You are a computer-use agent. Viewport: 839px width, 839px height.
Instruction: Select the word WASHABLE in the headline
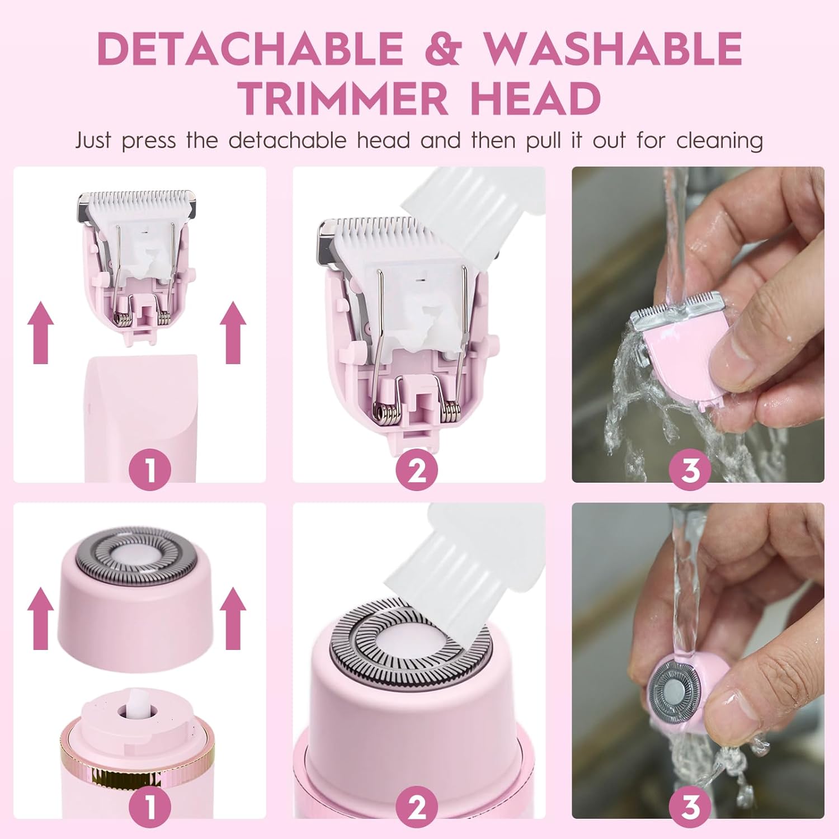(x=612, y=48)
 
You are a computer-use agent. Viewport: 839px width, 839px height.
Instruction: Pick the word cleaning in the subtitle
(x=719, y=140)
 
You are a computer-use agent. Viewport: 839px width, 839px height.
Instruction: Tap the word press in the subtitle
(x=149, y=140)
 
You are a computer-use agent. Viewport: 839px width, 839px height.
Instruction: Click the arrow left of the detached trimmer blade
(x=40, y=332)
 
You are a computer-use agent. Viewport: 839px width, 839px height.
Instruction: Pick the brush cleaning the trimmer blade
(x=475, y=207)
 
